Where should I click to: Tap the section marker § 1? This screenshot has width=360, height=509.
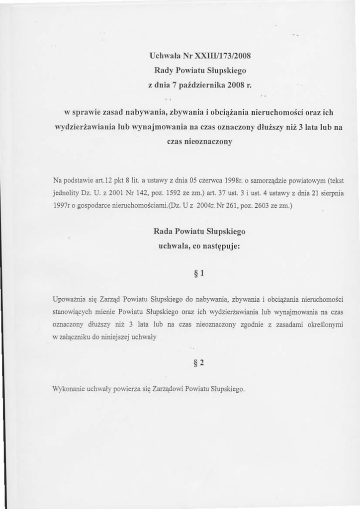pos(199,273)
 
